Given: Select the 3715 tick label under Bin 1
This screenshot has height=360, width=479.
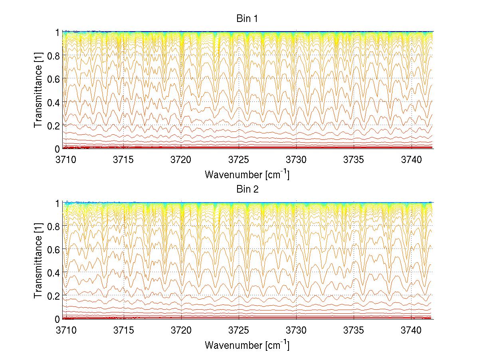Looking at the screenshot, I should (124, 159).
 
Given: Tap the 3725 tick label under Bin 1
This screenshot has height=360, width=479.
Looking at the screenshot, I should (239, 159).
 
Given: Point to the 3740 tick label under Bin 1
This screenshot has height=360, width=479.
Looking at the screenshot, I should (411, 159).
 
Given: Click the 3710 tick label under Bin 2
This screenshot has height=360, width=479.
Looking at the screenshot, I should (66, 330).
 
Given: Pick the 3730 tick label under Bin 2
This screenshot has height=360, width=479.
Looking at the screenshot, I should (296, 330).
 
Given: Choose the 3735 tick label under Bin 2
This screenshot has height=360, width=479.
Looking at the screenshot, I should (354, 330).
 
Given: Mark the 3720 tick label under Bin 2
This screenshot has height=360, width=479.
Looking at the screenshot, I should (181, 330).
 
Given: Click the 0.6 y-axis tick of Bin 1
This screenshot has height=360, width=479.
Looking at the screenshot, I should (53, 79).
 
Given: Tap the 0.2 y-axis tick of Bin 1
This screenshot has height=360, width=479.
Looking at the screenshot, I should (53, 125).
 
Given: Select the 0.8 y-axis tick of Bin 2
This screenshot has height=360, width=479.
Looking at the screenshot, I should (53, 226).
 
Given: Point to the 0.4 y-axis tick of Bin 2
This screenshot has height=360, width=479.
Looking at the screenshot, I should (53, 272).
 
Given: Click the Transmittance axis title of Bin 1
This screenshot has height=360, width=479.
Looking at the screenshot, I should (38, 90).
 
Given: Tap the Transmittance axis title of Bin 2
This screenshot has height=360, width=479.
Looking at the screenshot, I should (38, 261).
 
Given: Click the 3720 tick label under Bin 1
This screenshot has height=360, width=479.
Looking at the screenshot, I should (181, 159).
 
